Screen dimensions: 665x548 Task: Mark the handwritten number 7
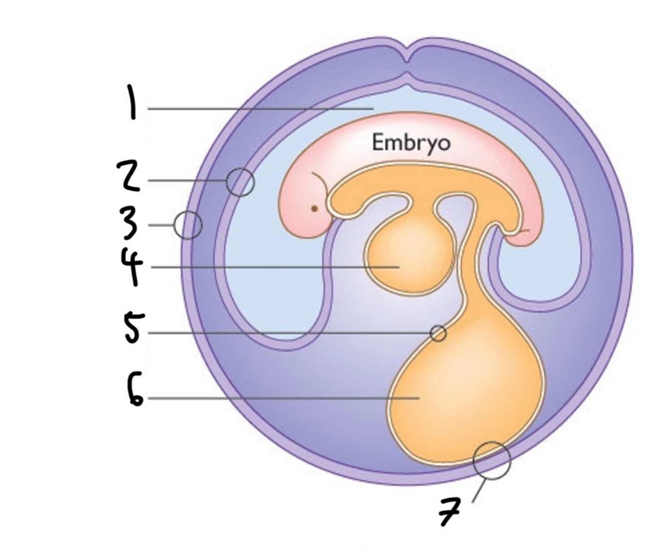point(451,511)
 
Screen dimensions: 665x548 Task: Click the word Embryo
point(411,143)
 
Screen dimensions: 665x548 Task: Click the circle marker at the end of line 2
point(240,182)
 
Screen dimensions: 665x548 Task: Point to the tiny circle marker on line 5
point(438,333)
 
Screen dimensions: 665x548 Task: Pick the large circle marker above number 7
point(492,460)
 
